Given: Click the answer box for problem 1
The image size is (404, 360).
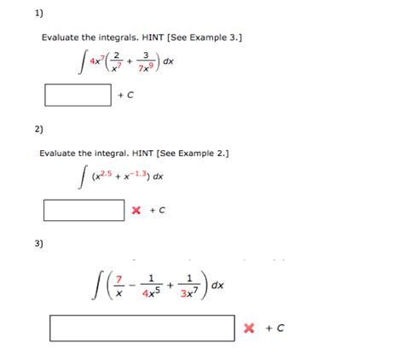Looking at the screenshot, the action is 78,94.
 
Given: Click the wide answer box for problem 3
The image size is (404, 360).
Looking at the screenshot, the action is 142,328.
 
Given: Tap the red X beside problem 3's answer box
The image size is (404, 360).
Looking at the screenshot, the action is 249,328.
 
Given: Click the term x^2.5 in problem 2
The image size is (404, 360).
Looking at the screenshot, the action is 106,177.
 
